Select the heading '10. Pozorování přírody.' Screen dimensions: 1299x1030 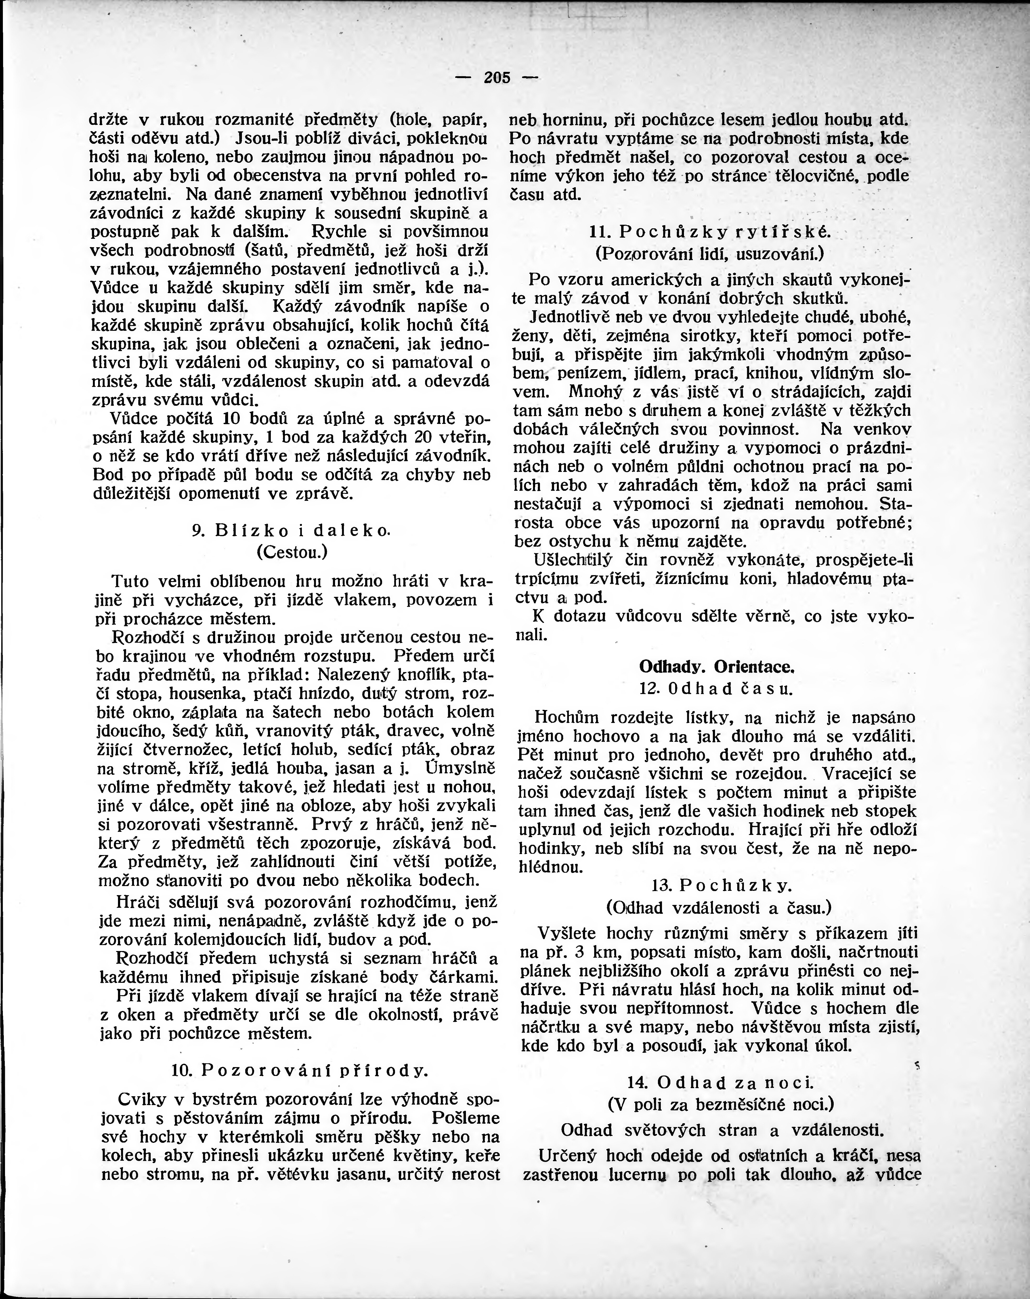click(299, 1070)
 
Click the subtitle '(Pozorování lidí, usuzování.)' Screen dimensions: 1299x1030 click(710, 254)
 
